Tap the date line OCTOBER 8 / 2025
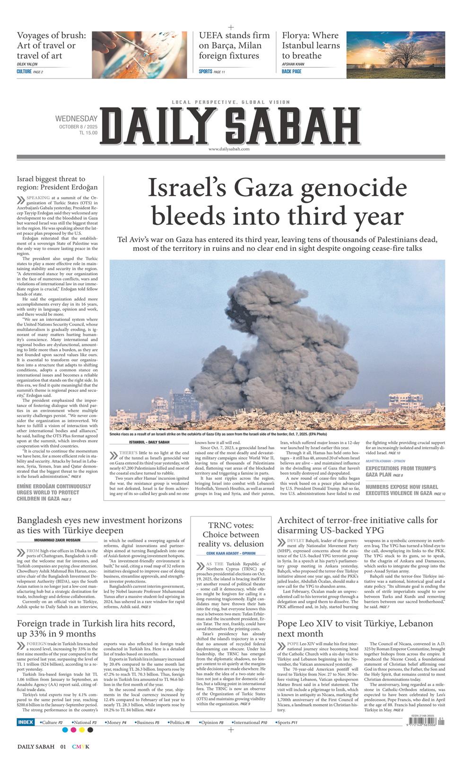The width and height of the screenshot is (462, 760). tap(78, 126)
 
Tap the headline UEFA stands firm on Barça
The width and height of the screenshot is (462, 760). tap(234, 45)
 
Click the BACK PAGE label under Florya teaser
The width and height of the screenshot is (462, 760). tap(291, 71)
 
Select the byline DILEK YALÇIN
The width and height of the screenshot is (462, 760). tap(27, 64)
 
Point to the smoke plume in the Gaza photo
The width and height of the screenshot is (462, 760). tap(274, 341)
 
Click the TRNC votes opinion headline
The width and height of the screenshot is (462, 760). tap(231, 534)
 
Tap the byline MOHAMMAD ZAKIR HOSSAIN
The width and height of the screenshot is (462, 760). tap(57, 540)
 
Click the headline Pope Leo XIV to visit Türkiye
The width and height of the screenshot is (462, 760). tap(355, 628)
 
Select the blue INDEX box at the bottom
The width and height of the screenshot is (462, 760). tap(26, 722)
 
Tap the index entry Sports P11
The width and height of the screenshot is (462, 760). tap(287, 723)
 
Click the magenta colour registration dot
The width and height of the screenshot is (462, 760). tap(73, 730)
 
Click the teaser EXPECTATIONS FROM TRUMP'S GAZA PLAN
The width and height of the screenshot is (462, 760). tap(400, 471)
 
